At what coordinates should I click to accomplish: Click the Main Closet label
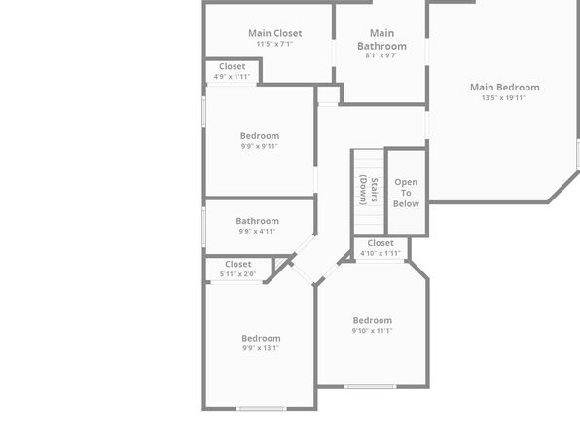click(274, 33)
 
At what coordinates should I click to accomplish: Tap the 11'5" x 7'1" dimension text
click(274, 44)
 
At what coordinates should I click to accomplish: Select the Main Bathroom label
click(381, 40)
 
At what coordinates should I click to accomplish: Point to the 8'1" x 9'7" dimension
click(381, 55)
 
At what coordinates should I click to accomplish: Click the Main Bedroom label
click(504, 88)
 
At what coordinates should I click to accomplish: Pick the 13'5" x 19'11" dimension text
click(503, 98)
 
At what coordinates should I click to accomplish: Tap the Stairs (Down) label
click(369, 190)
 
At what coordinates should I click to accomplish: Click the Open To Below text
click(406, 193)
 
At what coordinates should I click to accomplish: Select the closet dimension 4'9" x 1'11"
click(232, 77)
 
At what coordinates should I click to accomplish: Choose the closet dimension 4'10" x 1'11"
click(381, 253)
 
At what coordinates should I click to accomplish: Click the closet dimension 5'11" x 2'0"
click(237, 274)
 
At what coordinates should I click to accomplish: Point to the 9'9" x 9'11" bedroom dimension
click(259, 146)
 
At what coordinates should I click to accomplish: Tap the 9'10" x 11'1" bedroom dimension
click(372, 331)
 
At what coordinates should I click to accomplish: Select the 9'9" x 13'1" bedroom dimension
click(261, 348)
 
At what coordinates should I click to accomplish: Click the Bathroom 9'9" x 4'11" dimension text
click(257, 232)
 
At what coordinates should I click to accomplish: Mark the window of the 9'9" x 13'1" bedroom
click(262, 409)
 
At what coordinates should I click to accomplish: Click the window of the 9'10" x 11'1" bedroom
click(370, 387)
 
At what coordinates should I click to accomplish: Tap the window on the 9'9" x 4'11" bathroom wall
click(203, 227)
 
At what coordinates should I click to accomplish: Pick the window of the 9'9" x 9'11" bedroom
click(203, 112)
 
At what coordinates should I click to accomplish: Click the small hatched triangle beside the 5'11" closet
click(279, 263)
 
